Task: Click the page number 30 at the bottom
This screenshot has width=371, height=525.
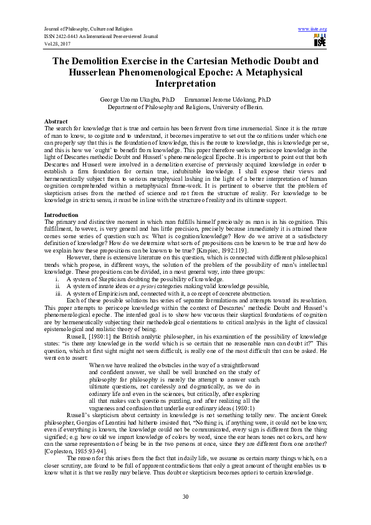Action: [185, 496]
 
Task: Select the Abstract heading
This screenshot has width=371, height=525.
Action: [56, 120]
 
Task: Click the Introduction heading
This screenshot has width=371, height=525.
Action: [61, 215]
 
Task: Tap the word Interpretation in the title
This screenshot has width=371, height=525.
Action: [185, 84]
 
